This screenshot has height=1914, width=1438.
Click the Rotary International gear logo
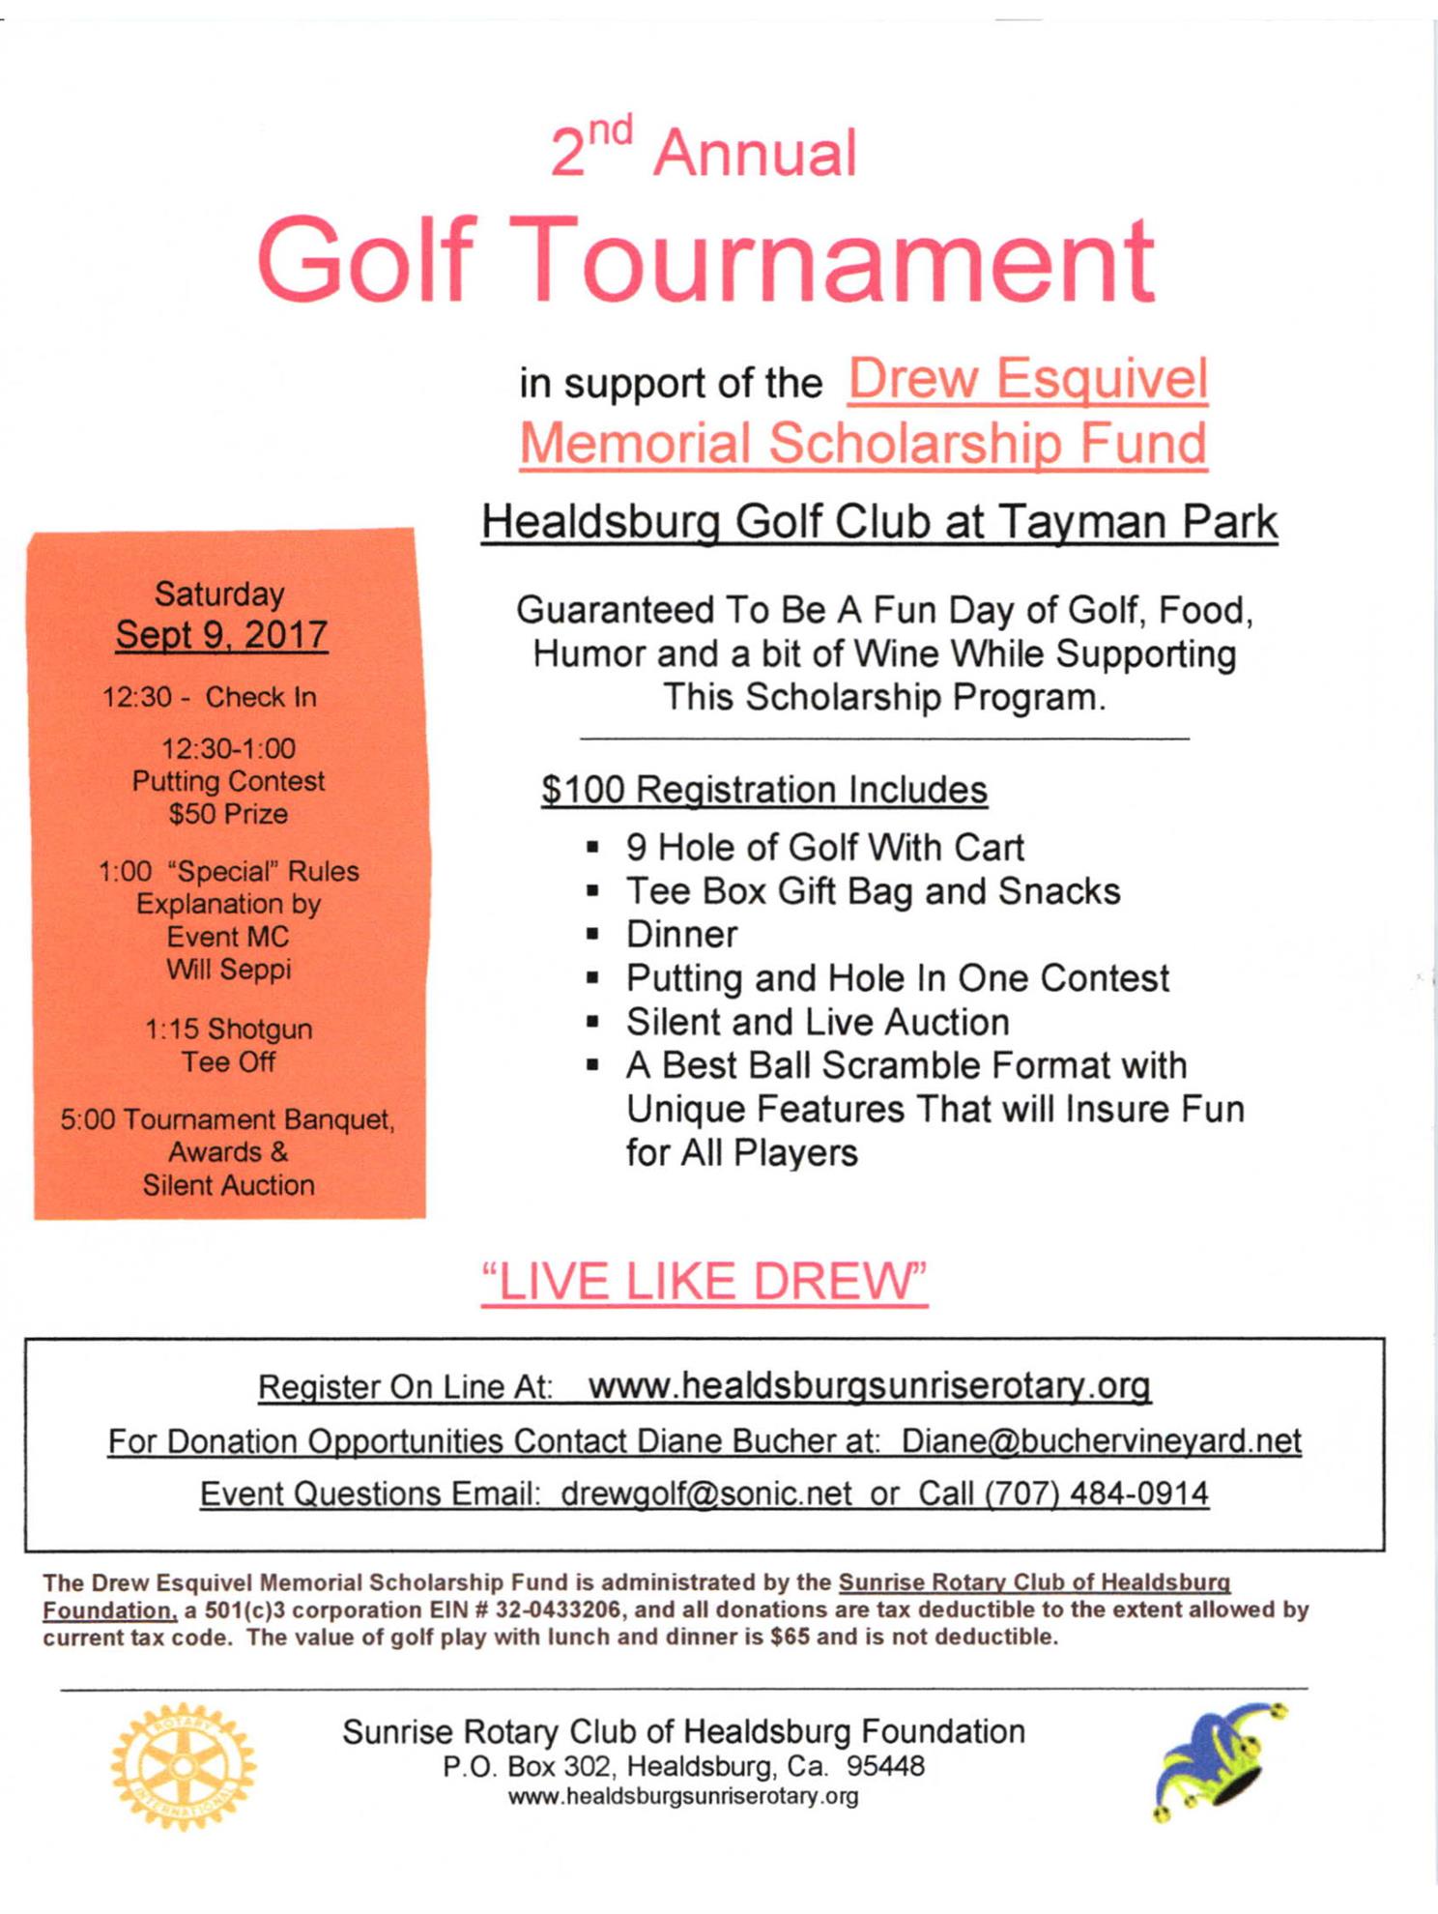tap(184, 1766)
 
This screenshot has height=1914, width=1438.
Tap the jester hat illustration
tap(1221, 1761)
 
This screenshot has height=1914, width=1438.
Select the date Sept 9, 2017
tap(221, 635)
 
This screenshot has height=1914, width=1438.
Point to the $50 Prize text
tap(228, 814)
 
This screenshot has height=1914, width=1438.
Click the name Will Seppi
tap(228, 969)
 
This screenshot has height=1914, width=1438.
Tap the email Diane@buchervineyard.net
tap(1101, 1441)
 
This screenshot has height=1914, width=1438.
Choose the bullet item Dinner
tap(681, 935)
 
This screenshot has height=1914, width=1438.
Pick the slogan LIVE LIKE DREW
tap(705, 1282)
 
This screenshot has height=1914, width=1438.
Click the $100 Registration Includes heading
tap(763, 790)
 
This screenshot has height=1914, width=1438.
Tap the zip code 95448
tap(885, 1767)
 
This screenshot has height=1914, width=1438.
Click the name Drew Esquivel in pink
tap(1027, 379)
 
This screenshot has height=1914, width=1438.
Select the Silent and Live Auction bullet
tap(818, 1022)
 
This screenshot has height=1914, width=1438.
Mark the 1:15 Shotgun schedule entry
tap(228, 1029)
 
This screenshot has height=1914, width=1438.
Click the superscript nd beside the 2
tap(611, 130)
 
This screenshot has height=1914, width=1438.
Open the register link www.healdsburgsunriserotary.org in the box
tap(869, 1386)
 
